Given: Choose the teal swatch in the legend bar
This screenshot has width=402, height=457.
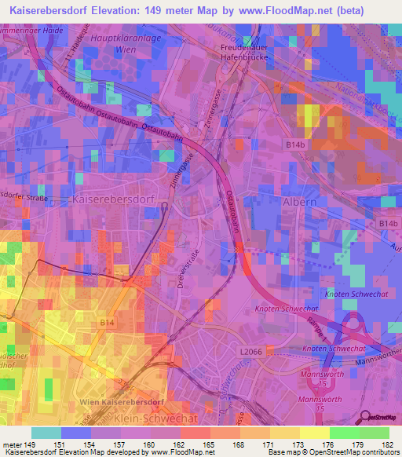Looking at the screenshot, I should point(46,433).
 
